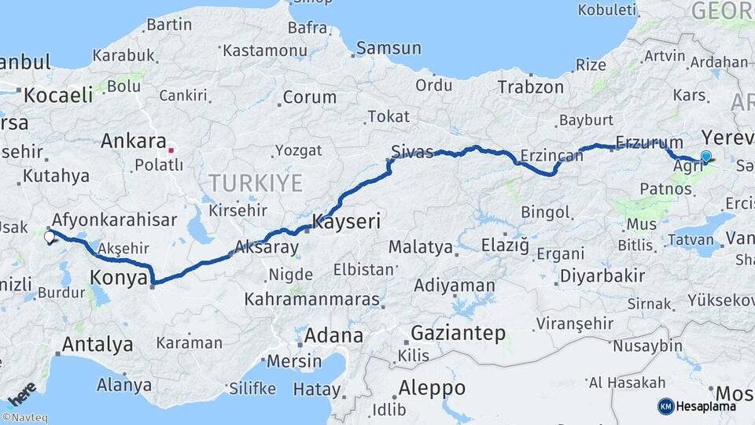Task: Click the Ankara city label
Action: [x=133, y=142]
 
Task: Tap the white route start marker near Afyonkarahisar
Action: [x=50, y=236]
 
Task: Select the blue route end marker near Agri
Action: [x=705, y=157]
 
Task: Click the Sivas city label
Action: [x=414, y=152]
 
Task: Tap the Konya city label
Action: [x=119, y=278]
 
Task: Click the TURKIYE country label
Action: [x=256, y=184]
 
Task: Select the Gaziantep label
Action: [x=458, y=333]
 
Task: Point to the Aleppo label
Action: [x=432, y=388]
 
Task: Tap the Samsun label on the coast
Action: [x=389, y=49]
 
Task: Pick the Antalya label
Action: [x=97, y=344]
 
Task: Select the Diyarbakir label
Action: [x=602, y=276]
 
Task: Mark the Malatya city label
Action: [x=421, y=247]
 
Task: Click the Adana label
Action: [x=333, y=336]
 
